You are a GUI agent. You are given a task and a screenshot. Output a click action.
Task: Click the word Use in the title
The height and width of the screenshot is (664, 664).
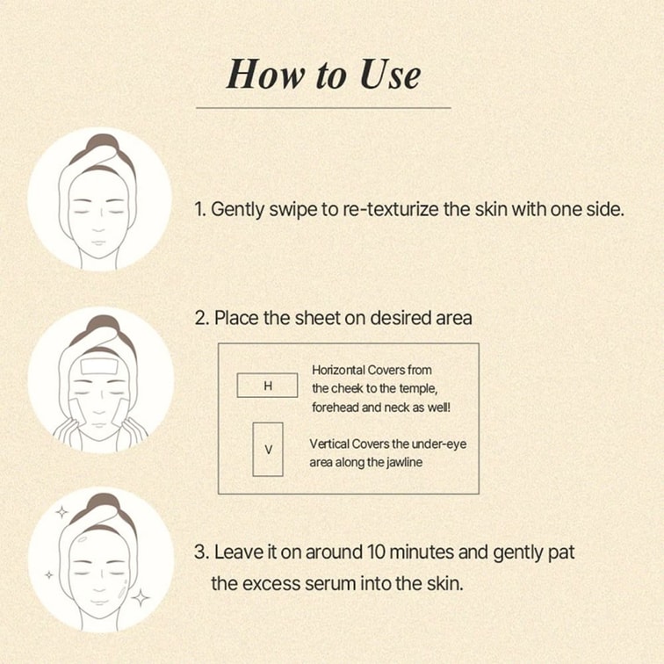(x=391, y=74)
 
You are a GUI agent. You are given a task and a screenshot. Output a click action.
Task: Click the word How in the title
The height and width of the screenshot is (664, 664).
(x=265, y=74)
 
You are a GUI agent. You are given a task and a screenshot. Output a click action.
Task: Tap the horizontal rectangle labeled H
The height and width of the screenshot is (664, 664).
(x=267, y=386)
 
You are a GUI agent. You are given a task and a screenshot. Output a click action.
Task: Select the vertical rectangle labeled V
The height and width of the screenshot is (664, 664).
(x=268, y=450)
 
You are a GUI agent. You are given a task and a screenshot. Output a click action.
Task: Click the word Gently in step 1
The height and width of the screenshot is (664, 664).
(x=237, y=210)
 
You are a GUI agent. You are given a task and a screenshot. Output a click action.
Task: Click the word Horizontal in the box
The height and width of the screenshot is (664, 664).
(x=337, y=370)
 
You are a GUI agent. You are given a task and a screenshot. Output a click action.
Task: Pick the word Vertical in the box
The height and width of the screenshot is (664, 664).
(x=328, y=444)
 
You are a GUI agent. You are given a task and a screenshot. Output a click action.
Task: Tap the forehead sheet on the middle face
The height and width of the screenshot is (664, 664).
(x=98, y=366)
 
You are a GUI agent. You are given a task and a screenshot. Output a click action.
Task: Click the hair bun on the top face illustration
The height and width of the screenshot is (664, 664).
(x=101, y=141)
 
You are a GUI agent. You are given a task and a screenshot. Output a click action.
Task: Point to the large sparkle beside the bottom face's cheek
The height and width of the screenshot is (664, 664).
(x=140, y=597)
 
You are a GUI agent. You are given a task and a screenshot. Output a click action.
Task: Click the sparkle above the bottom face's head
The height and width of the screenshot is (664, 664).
(x=61, y=512)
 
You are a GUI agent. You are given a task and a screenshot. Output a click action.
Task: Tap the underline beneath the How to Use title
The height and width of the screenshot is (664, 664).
(x=323, y=108)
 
